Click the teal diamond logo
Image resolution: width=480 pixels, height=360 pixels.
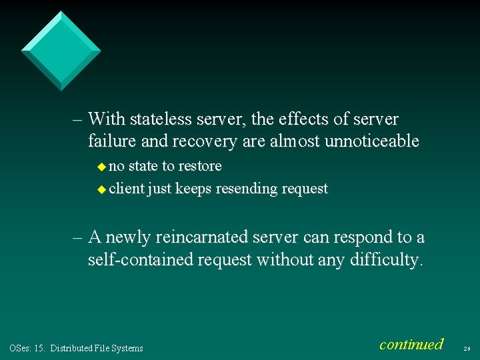(x=61, y=51)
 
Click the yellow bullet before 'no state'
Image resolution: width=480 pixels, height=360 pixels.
(x=102, y=166)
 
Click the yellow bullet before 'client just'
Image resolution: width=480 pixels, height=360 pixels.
(x=102, y=189)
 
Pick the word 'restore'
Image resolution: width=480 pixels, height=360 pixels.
(x=199, y=165)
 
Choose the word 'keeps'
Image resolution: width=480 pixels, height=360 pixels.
(x=194, y=189)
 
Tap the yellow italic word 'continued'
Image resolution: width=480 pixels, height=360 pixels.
(x=411, y=345)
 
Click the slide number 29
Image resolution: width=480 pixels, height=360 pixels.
(x=466, y=348)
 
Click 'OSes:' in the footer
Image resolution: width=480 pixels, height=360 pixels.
(x=19, y=348)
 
